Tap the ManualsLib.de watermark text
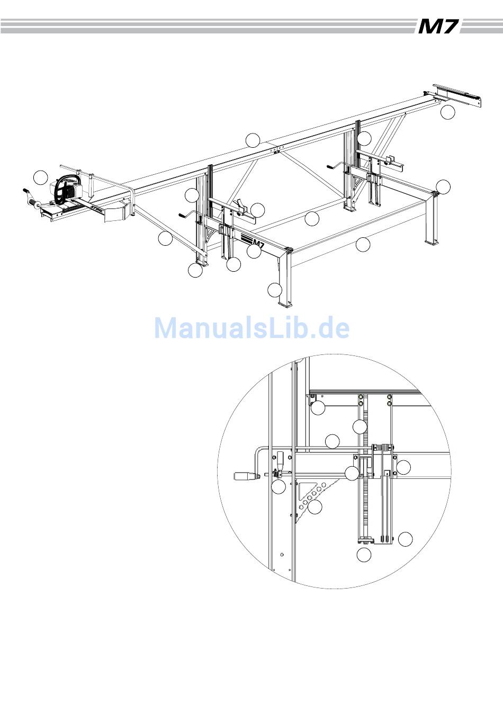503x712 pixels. coord(252,328)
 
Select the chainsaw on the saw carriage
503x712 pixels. coord(66,190)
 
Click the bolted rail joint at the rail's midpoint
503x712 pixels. coord(276,150)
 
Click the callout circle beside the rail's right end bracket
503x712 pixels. coord(448,112)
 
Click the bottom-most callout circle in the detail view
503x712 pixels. coord(364,555)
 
